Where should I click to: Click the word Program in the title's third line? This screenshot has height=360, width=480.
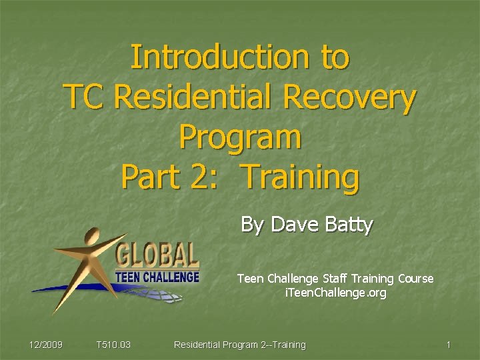240,138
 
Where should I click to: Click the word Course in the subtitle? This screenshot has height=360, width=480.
415,279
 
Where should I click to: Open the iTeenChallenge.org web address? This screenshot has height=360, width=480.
335,293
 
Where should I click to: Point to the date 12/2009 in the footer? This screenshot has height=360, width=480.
46,345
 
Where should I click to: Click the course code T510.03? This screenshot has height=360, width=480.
113,345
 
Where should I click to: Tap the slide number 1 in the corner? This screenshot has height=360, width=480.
449,345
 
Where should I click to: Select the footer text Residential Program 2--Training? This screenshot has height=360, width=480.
239,345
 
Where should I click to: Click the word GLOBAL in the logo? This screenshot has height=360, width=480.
157,255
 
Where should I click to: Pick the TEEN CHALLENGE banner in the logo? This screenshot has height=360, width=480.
157,276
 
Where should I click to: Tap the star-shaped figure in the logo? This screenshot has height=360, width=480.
87,260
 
